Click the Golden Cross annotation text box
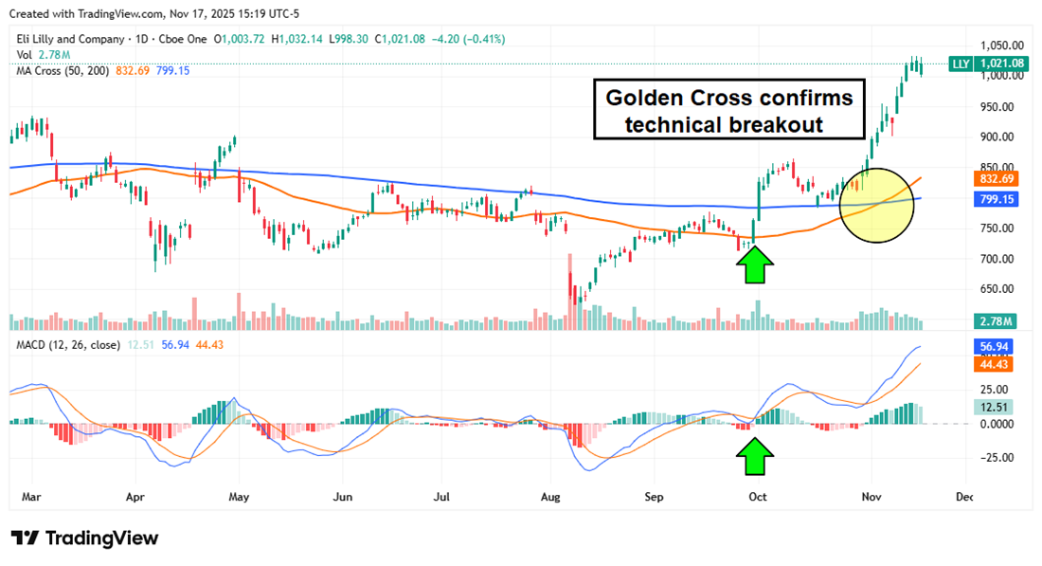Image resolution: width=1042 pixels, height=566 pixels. (729, 112)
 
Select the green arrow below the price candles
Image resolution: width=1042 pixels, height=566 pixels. (754, 265)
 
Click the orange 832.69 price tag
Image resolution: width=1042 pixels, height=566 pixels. (993, 178)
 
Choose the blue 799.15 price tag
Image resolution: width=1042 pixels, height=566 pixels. (993, 200)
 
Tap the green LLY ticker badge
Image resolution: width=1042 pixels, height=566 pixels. (960, 63)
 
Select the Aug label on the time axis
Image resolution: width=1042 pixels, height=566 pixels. (550, 496)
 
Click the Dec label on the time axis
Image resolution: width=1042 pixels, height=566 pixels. (964, 496)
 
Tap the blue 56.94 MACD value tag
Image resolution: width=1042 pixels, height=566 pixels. (993, 347)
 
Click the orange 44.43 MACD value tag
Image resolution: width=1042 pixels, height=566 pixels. (993, 364)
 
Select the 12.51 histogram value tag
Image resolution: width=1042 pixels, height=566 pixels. (993, 407)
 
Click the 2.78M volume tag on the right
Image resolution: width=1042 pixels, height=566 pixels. (993, 320)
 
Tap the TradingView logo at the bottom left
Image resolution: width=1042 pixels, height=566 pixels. (85, 539)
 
